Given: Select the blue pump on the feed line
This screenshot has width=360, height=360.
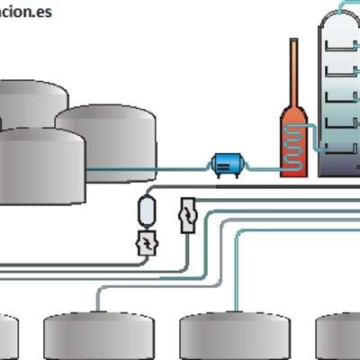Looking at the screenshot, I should point(224,165).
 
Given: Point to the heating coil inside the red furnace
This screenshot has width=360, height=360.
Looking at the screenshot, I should point(293,144).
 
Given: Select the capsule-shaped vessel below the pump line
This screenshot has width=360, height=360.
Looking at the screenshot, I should point(147,211).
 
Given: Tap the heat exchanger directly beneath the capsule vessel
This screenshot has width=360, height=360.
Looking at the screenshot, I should point(147,243).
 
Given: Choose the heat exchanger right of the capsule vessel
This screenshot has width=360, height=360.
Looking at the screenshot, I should point(187,214).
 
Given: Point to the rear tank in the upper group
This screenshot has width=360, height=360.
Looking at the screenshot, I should point(31,103).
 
